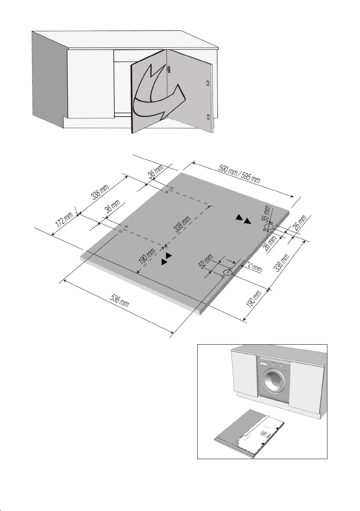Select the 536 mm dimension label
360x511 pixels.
(119, 301)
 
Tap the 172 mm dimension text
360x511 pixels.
(64, 220)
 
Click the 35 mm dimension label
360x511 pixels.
(267, 213)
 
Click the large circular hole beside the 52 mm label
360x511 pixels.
(227, 272)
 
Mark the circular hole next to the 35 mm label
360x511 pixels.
(268, 226)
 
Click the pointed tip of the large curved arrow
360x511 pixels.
(185, 97)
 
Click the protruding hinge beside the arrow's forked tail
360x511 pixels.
(168, 69)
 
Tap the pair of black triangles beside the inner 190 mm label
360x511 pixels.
(166, 258)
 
